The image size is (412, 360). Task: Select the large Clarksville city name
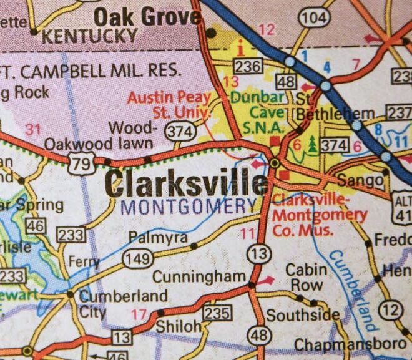[x=186, y=183]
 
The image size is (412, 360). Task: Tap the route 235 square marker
[x=218, y=313]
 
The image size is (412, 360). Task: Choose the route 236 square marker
[x=245, y=66]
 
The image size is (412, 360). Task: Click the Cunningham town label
[x=191, y=276]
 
